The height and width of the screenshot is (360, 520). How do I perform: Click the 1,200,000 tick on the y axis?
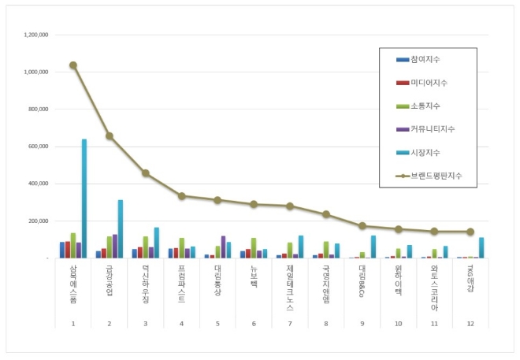(x=37, y=35)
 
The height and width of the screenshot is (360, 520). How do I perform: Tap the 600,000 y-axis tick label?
(x=37, y=147)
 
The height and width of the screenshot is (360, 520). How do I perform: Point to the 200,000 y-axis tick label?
(x=37, y=221)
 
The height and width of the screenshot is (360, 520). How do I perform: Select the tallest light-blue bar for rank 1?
(x=84, y=199)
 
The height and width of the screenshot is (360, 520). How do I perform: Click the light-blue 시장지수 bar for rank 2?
(x=121, y=228)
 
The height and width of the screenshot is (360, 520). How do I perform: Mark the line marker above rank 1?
(x=73, y=65)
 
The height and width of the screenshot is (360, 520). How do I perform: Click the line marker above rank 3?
(x=146, y=173)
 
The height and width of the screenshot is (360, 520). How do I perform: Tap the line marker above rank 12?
(x=470, y=232)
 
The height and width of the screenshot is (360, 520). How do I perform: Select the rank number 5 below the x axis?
(x=218, y=323)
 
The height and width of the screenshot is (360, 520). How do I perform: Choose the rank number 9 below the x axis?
(x=362, y=323)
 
